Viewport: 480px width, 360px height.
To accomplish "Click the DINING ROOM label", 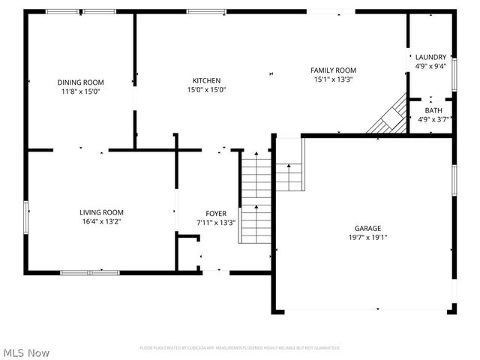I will (x=81, y=82).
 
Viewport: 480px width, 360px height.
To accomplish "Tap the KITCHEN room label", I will (x=206, y=80).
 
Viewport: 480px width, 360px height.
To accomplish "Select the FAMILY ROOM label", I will (x=333, y=70).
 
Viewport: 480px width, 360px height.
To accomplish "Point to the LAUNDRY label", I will (x=430, y=57).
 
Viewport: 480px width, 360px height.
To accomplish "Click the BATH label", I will (x=433, y=110).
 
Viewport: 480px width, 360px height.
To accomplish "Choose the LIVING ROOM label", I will (x=102, y=212).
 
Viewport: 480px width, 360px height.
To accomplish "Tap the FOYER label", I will (x=216, y=214).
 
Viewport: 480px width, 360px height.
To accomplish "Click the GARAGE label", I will (x=367, y=229).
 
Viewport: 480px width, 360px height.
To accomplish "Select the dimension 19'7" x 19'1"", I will (x=367, y=238).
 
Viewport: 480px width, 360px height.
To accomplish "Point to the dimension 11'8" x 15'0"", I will (x=81, y=91).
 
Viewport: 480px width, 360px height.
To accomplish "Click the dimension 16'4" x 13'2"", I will (x=102, y=221).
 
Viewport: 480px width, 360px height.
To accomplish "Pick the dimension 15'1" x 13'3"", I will (x=333, y=79).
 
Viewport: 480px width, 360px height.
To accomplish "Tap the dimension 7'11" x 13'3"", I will (x=216, y=223).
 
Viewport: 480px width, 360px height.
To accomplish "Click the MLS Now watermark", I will (x=26, y=352).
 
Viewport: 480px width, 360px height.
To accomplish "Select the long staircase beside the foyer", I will (x=255, y=196).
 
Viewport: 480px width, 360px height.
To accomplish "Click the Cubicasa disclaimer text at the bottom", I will (x=240, y=348).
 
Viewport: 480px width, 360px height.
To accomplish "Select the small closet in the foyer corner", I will (x=188, y=253).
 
